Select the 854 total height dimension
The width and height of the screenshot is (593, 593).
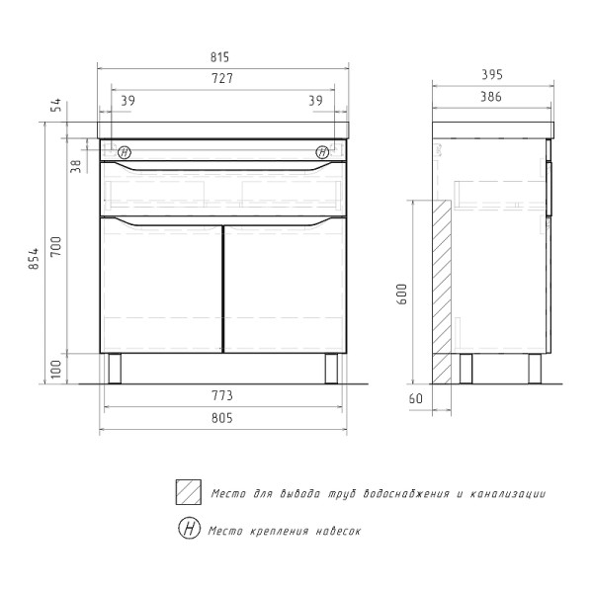(x=35, y=257)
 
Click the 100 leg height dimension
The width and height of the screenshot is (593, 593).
(x=56, y=370)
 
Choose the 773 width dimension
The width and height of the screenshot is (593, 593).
(x=221, y=396)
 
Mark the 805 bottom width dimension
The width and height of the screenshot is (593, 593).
(x=221, y=418)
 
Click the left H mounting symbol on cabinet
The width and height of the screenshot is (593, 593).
(x=125, y=152)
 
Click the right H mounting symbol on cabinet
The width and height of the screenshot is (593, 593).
(x=322, y=152)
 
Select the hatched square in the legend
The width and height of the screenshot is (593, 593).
(x=189, y=492)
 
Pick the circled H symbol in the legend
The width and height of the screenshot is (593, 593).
(x=189, y=528)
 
